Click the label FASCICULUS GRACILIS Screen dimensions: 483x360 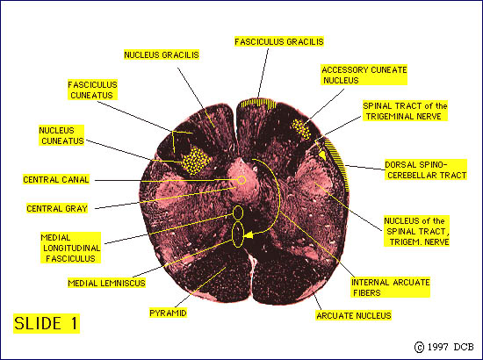click(x=279, y=41)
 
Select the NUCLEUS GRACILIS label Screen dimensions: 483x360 click(x=162, y=54)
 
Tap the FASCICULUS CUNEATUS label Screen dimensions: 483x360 click(x=92, y=90)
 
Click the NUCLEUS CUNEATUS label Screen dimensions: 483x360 click(x=61, y=135)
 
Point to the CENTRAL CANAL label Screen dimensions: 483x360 click(x=56, y=179)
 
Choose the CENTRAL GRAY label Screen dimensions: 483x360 click(x=57, y=208)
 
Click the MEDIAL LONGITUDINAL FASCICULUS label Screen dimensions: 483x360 click(x=70, y=248)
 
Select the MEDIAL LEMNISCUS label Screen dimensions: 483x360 click(x=106, y=283)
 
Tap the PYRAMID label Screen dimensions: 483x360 click(x=168, y=313)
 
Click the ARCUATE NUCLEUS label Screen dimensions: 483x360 click(x=354, y=315)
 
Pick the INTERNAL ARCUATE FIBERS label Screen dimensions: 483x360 click(x=390, y=287)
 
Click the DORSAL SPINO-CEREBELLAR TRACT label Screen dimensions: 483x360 click(x=426, y=169)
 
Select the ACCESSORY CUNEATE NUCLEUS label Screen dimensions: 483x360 click(x=364, y=75)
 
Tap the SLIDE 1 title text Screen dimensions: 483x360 click(x=47, y=323)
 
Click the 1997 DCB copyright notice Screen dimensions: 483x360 click(x=444, y=347)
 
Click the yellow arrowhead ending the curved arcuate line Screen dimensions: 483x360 click(x=248, y=235)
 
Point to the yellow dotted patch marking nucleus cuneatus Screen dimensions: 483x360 click(x=195, y=161)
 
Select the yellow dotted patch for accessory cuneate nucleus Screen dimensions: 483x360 click(x=301, y=129)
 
